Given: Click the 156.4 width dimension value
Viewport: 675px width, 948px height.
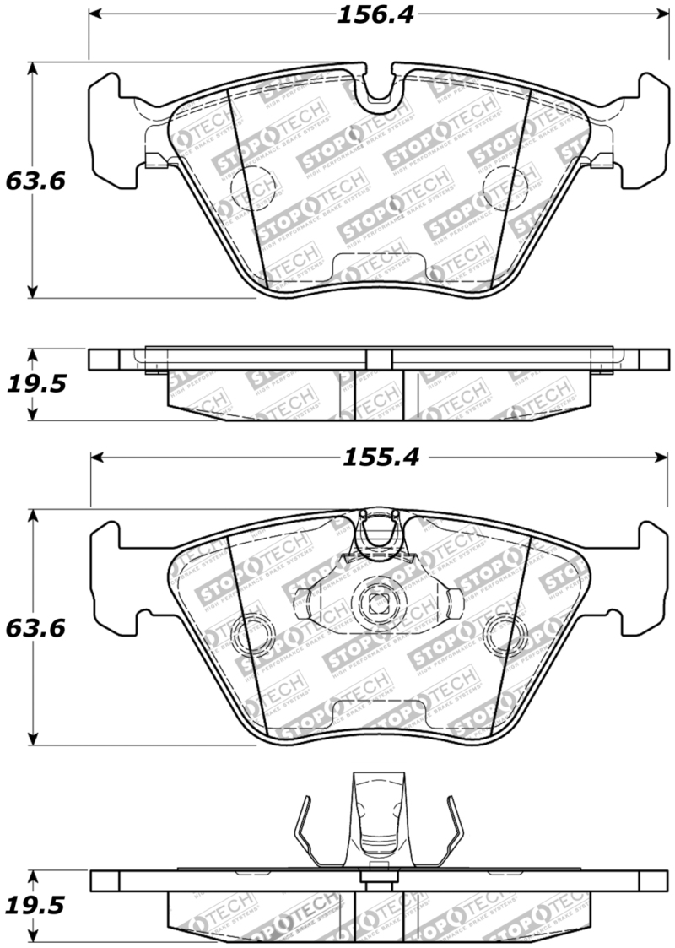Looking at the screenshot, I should [x=377, y=14].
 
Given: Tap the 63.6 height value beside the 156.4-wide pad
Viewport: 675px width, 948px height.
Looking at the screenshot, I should [x=35, y=181].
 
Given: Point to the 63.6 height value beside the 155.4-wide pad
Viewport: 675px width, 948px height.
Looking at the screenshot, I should [x=35, y=628].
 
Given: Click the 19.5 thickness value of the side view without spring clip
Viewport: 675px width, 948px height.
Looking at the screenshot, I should [x=35, y=384].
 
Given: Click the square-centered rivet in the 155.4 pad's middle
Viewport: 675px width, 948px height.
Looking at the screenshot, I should [x=376, y=601].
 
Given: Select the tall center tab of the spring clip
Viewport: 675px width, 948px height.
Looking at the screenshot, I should [x=376, y=810].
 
